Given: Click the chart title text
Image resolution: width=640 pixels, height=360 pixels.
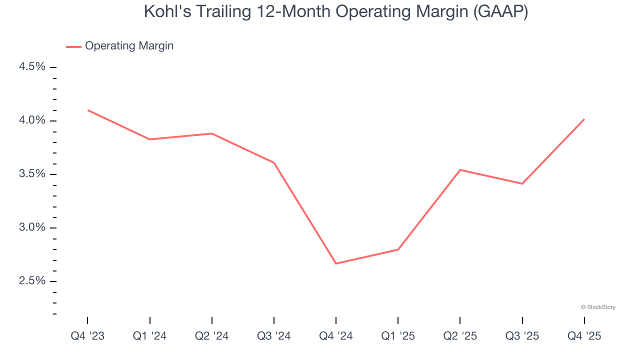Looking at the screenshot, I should tap(336, 11).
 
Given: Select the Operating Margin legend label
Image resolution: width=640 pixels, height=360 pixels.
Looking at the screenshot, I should tap(129, 46).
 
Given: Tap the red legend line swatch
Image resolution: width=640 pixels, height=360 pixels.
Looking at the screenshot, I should tap(73, 46).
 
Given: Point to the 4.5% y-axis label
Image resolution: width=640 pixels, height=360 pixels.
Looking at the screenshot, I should tap(32, 67).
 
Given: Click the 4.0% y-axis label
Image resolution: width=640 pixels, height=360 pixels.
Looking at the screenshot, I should tap(32, 120).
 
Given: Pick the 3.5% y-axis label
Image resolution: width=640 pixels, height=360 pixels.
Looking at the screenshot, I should tap(32, 174).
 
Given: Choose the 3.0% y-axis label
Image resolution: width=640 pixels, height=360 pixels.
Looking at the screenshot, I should tap(32, 227).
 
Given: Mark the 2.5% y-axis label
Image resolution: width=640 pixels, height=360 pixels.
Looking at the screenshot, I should tap(32, 281).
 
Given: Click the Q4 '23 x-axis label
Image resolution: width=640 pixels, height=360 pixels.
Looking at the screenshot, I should tap(87, 336).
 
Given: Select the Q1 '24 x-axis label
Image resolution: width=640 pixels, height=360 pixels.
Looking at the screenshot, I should tap(149, 336).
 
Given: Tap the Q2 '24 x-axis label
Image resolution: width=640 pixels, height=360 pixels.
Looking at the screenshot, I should tap(211, 336).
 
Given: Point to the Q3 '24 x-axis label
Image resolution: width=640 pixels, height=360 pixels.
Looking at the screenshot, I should tap(274, 336).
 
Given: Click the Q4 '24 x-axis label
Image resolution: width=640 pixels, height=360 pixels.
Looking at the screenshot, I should tap(336, 336).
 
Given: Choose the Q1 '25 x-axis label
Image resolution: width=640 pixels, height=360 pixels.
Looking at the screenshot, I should tap(398, 336).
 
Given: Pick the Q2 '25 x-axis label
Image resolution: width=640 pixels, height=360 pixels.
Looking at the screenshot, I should tap(460, 336).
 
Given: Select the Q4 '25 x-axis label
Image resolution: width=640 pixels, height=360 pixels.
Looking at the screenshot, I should tap(584, 336).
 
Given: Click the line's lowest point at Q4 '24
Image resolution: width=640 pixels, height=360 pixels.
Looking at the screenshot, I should tap(336, 263).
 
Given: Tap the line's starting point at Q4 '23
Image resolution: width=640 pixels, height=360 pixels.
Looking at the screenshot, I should tap(88, 110).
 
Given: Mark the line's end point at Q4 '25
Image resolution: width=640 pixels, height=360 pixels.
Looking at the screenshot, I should tap(584, 119).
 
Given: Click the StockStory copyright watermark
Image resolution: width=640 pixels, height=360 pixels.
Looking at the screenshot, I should tap(598, 307).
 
